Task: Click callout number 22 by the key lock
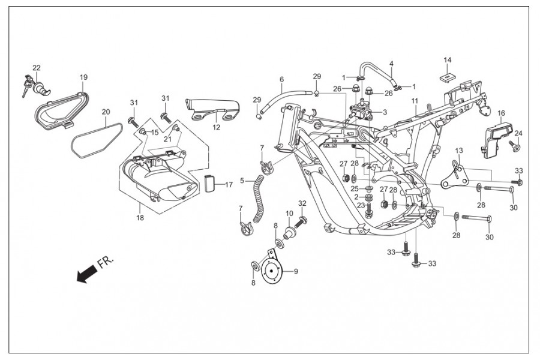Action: pyautogui.click(x=37, y=68)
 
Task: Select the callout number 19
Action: pyautogui.click(x=83, y=77)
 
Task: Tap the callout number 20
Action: pyautogui.click(x=106, y=112)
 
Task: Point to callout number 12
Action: pyautogui.click(x=216, y=127)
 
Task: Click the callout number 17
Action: pyautogui.click(x=229, y=185)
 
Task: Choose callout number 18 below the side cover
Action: pyautogui.click(x=140, y=218)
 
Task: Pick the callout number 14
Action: pyautogui.click(x=447, y=60)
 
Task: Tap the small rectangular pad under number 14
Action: pyautogui.click(x=447, y=76)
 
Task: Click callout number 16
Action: pyautogui.click(x=501, y=113)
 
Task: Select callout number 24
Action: pyautogui.click(x=518, y=133)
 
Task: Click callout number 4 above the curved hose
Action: pyautogui.click(x=391, y=64)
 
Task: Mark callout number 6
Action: pyautogui.click(x=281, y=79)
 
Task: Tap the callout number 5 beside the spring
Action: pyautogui.click(x=242, y=181)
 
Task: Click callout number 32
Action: pyautogui.click(x=302, y=203)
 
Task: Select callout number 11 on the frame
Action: pyautogui.click(x=414, y=101)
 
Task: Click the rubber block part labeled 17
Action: pyautogui.click(x=209, y=184)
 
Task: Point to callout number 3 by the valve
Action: pyautogui.click(x=385, y=112)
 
